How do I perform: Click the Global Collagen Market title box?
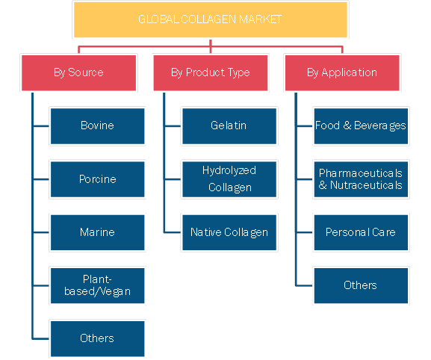click(211, 19)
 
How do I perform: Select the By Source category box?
click(78, 73)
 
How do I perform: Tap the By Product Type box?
click(211, 73)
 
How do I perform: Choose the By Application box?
click(342, 73)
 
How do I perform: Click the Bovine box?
click(98, 126)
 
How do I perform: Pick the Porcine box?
click(98, 179)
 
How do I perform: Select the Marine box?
click(98, 232)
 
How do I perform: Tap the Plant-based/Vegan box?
click(98, 285)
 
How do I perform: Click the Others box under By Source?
click(98, 339)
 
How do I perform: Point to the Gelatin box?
click(229, 126)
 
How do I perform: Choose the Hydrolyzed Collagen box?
click(229, 179)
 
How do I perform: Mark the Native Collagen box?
click(229, 232)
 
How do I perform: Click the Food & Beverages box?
click(361, 126)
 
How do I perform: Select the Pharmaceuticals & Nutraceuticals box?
click(361, 179)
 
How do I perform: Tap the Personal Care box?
click(361, 232)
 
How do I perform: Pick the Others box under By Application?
click(361, 285)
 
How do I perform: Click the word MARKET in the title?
click(260, 19)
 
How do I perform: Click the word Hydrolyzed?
click(229, 171)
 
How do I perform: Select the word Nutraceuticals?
click(366, 185)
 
